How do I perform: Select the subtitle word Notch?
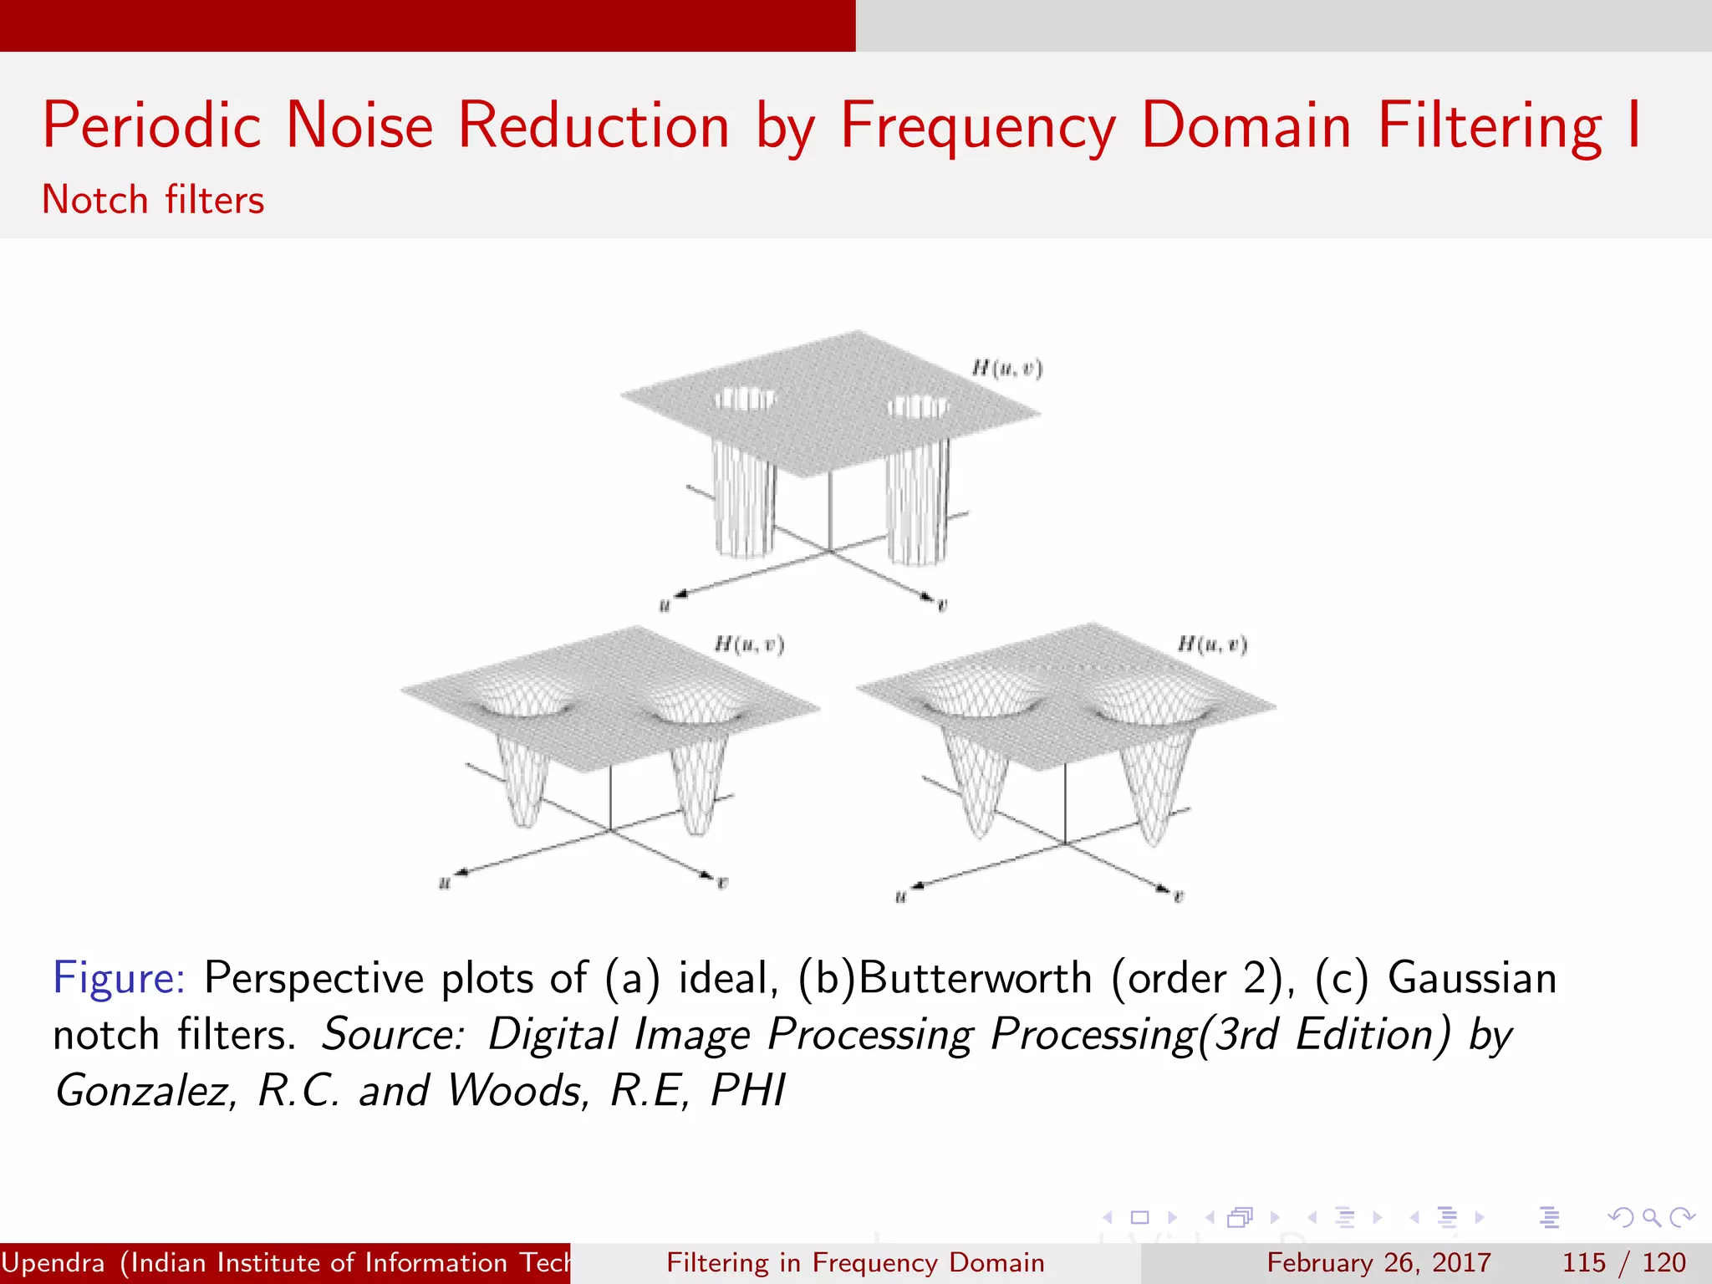tap(94, 201)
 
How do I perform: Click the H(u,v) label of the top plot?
tap(1006, 368)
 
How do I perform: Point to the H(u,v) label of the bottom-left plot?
tap(749, 645)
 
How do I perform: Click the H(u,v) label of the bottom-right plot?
tap(1212, 645)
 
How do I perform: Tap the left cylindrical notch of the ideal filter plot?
tap(744, 493)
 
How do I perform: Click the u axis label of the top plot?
tap(665, 606)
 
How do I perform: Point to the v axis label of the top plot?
tap(942, 606)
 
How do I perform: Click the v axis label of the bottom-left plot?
tap(722, 883)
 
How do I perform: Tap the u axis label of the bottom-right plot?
tap(900, 898)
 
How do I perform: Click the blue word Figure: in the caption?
tap(119, 978)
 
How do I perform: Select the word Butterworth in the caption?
tap(975, 978)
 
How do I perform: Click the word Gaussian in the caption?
tap(1472, 978)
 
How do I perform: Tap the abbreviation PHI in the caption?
tap(748, 1091)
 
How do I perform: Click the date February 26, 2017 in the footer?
tap(1378, 1262)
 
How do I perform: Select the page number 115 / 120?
tap(1623, 1262)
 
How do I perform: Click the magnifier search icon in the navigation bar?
tap(1650, 1217)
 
